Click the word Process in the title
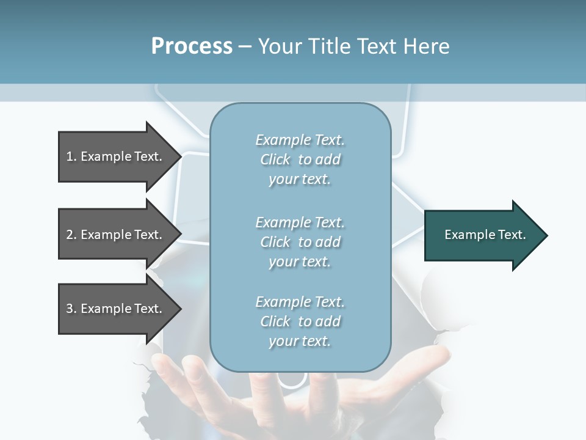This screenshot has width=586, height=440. click(x=192, y=46)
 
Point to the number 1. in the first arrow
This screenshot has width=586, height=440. click(x=71, y=156)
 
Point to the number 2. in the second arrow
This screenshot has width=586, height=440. click(x=71, y=235)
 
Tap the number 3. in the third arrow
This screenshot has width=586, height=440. click(x=71, y=309)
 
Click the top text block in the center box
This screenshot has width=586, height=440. click(x=300, y=159)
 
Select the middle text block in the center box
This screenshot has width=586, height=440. click(x=300, y=241)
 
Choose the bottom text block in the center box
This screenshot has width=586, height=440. click(x=300, y=321)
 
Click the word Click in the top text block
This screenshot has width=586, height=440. click(x=275, y=159)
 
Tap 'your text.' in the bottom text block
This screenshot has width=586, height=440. click(x=300, y=341)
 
